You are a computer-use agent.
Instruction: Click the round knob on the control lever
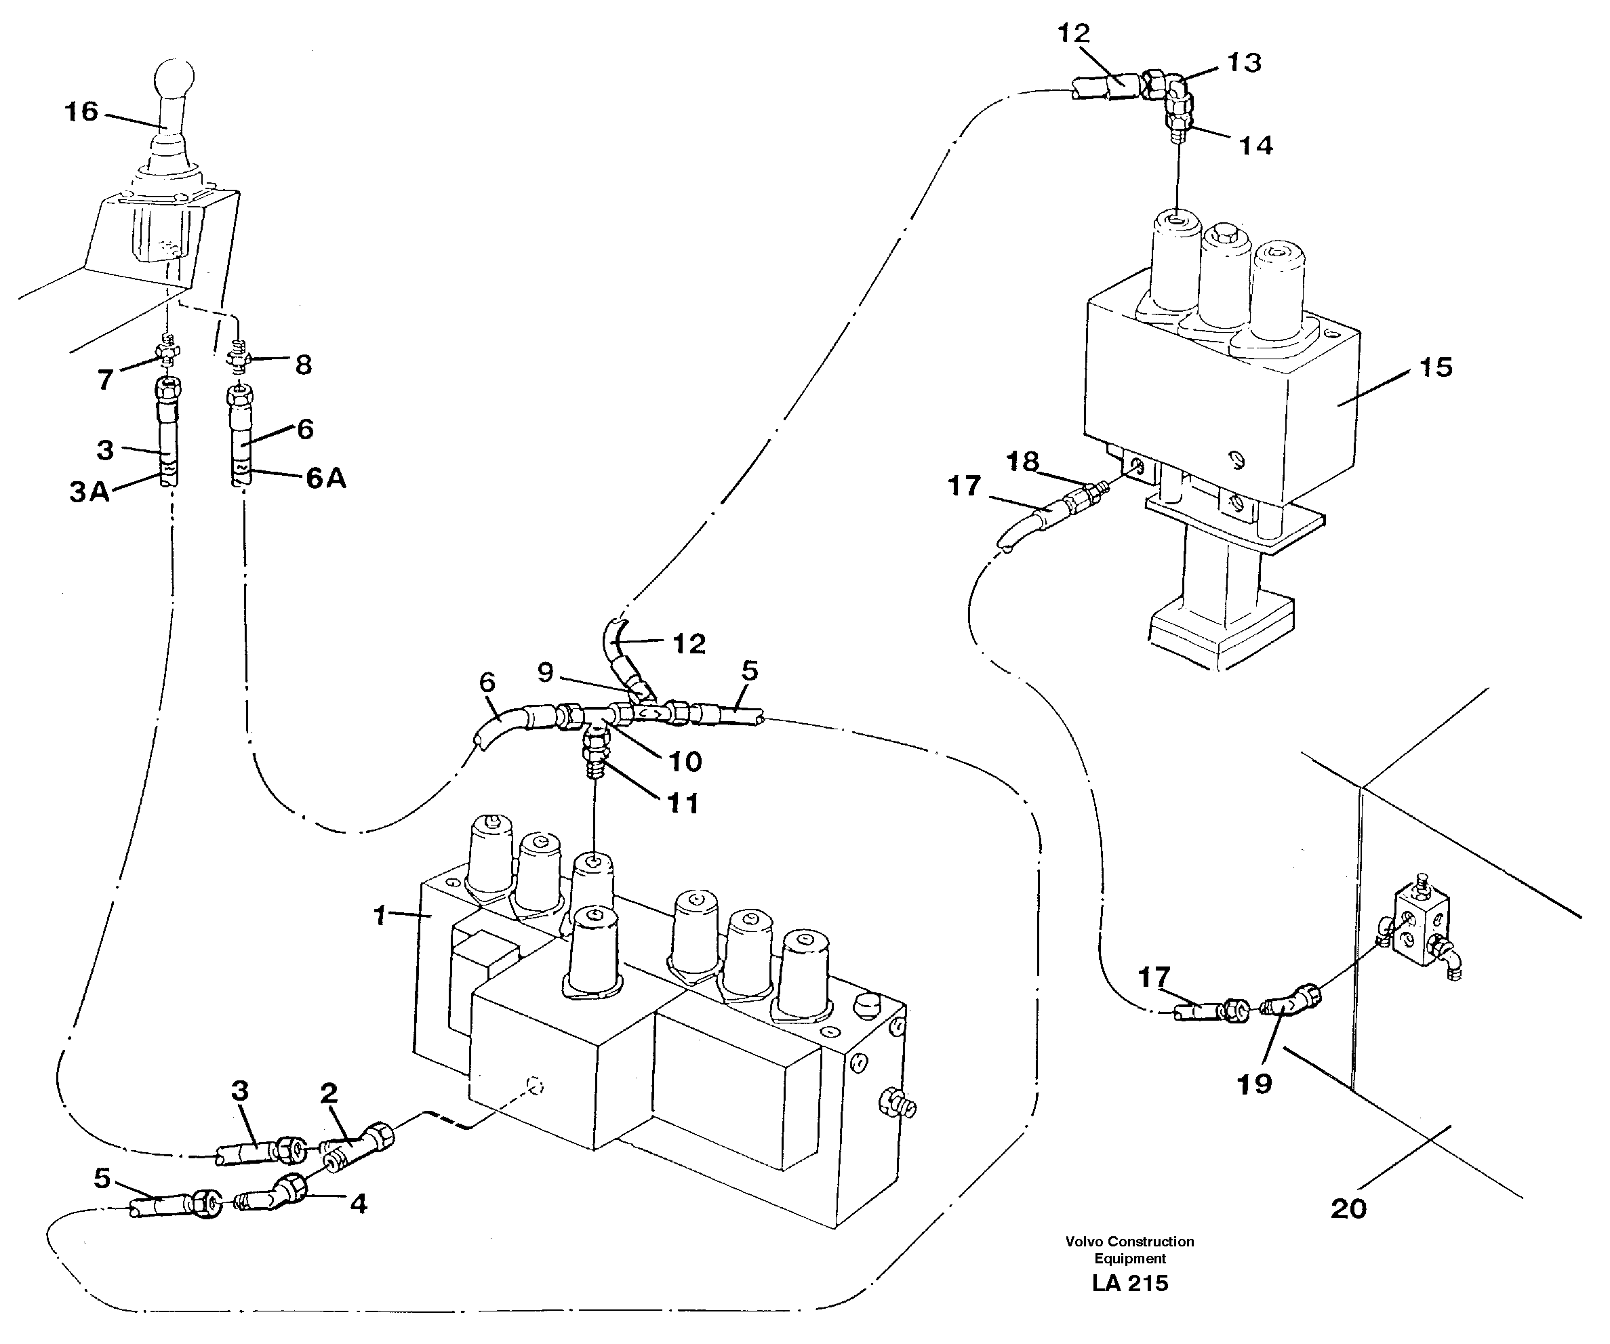pos(174,79)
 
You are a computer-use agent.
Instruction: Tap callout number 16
pos(81,112)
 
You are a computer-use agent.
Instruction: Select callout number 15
pos(1436,367)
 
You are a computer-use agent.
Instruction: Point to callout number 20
pos(1348,1209)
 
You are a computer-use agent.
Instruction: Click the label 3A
pos(89,491)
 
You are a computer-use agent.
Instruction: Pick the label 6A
pos(326,478)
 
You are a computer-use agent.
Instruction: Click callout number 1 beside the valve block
pos(379,916)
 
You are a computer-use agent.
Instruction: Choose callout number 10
pos(685,761)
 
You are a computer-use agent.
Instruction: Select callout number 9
pos(545,672)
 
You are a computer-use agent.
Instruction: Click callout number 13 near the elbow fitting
pos(1243,63)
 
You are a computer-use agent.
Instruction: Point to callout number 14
pos(1255,145)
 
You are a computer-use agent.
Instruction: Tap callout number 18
pos(1023,462)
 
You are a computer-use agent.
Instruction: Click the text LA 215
pos(1130,1284)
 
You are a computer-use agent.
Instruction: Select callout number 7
pos(106,379)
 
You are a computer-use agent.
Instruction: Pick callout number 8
pos(304,365)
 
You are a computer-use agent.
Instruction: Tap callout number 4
pos(358,1204)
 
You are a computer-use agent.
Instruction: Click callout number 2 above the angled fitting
pos(329,1093)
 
